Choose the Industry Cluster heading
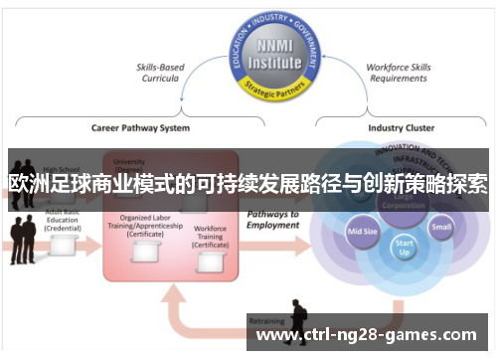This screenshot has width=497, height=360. pos(400,127)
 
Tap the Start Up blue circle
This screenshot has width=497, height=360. pos(405,246)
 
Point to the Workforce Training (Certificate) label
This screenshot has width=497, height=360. pos(211,239)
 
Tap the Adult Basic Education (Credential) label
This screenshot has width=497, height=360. pos(62,222)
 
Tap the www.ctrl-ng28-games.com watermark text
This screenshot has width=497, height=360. pos(367,336)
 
